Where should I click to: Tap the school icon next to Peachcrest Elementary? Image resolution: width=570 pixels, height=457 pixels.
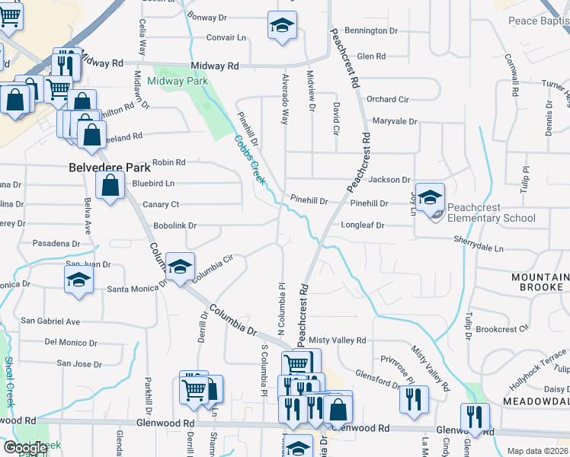click(430, 197)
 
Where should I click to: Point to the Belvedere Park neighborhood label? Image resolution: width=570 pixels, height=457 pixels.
click(106, 166)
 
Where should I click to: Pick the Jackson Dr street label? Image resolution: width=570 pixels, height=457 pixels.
click(389, 180)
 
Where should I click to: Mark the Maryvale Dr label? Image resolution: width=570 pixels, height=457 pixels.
click(395, 121)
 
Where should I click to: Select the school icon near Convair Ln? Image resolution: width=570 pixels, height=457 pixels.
click(281, 27)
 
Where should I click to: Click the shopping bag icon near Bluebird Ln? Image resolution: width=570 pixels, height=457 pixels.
click(110, 185)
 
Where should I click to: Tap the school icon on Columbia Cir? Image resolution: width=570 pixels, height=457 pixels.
click(181, 267)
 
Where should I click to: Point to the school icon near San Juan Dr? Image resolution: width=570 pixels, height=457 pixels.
click(78, 279)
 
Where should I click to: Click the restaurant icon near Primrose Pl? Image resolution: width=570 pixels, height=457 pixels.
click(414, 398)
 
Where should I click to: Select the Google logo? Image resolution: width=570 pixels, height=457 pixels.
click(25, 448)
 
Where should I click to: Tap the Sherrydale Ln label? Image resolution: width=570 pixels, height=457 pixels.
click(478, 248)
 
